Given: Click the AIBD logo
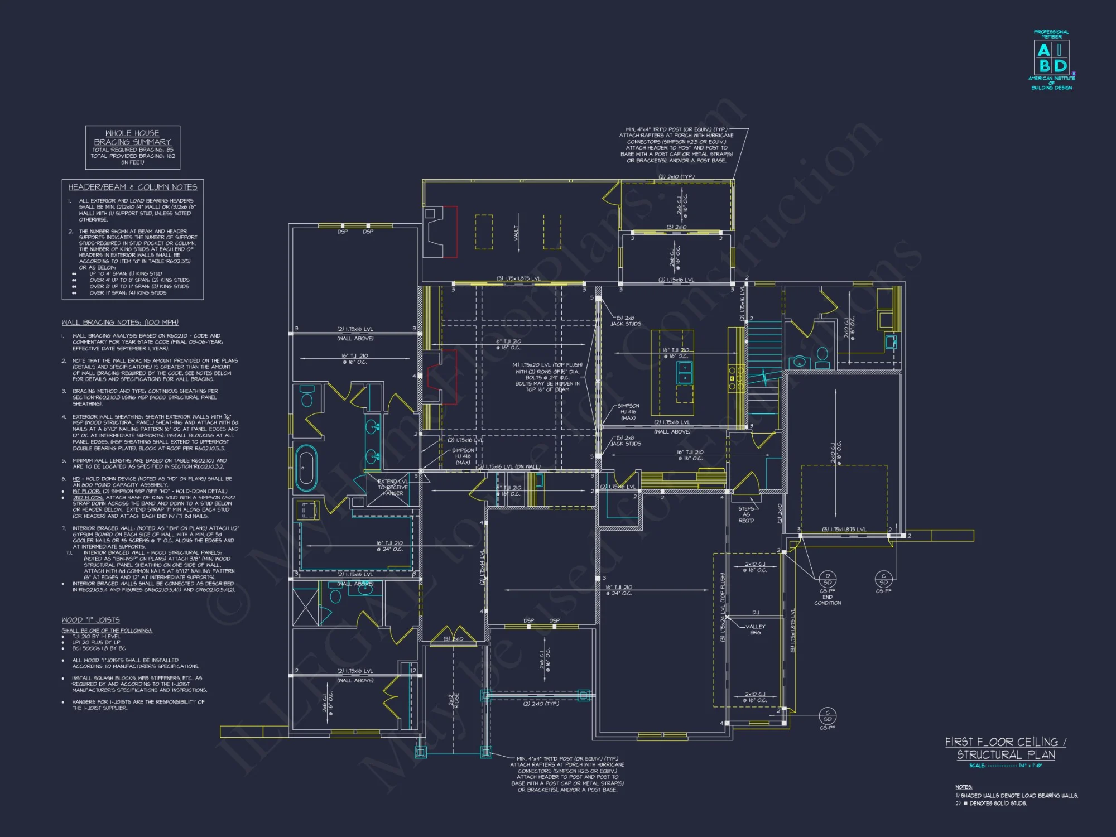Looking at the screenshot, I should [x=1051, y=59].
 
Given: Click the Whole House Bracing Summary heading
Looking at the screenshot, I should [x=132, y=137].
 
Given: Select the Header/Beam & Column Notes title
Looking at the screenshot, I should [x=133, y=187].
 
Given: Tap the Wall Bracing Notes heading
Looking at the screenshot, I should [x=120, y=323].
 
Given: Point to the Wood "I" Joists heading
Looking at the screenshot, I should [x=90, y=620].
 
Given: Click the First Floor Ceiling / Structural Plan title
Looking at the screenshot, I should [x=1006, y=748].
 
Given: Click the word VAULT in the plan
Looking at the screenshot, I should [x=517, y=233].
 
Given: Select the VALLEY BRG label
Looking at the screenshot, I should [x=755, y=629].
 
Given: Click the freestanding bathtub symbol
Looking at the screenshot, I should [x=305, y=468].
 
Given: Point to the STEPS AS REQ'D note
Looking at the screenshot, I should [x=746, y=514].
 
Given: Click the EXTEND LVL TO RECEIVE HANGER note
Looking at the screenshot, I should [x=393, y=487].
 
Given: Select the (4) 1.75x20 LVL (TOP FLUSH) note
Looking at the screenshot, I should [x=547, y=377].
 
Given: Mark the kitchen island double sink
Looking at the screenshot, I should [x=685, y=373].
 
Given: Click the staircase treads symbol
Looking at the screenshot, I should [x=763, y=357].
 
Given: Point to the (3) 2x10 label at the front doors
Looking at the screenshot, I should [x=453, y=639].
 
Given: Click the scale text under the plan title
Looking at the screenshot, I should [x=1006, y=766].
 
